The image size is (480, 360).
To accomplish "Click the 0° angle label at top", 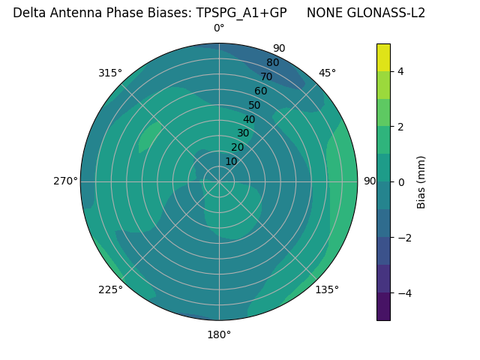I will pyautogui.click(x=219, y=28).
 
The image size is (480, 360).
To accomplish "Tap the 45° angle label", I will pyautogui.click(x=327, y=73).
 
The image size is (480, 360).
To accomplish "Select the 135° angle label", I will pyautogui.click(x=327, y=289).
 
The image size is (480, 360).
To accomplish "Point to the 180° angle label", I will pyautogui.click(x=219, y=334).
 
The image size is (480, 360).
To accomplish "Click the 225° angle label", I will pyautogui.click(x=110, y=289).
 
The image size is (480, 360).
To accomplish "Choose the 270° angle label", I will pyautogui.click(x=65, y=181).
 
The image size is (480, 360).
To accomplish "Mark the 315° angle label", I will pyautogui.click(x=110, y=73).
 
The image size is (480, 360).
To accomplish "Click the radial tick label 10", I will pyautogui.click(x=231, y=161).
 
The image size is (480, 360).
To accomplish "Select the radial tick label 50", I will pyautogui.click(x=255, y=106).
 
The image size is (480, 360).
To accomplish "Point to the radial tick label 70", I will pyautogui.click(x=266, y=77).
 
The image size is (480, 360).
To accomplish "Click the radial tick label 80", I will pyautogui.click(x=272, y=63).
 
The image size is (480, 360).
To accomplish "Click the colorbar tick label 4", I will pyautogui.click(x=400, y=71).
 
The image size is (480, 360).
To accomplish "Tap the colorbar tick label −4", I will pyautogui.click(x=403, y=292).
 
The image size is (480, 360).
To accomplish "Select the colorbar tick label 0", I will pyautogui.click(x=400, y=182).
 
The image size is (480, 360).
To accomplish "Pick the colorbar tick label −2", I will pyautogui.click(x=403, y=238).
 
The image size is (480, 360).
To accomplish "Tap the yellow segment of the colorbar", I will pyautogui.click(x=383, y=57).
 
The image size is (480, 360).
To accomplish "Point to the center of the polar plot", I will pyautogui.click(x=219, y=181).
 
